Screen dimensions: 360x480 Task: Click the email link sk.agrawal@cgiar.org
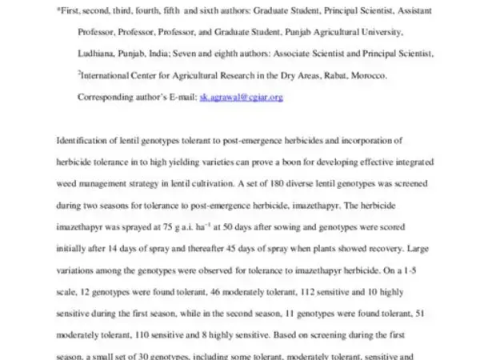pyautogui.click(x=242, y=97)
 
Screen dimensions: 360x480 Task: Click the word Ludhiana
pyautogui.click(x=95, y=54)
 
